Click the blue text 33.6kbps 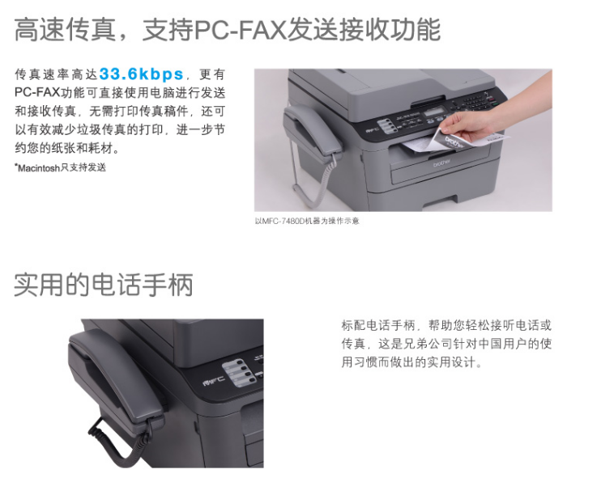(142, 74)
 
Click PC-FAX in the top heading (241, 30)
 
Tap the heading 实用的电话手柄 (104, 285)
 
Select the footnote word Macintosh (39, 167)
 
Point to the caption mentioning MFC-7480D (307, 221)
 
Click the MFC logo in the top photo (371, 129)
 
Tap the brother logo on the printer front (442, 163)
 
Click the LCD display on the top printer (436, 112)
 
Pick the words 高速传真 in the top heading (65, 30)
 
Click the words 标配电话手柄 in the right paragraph (378, 326)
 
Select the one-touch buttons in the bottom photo (240, 372)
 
